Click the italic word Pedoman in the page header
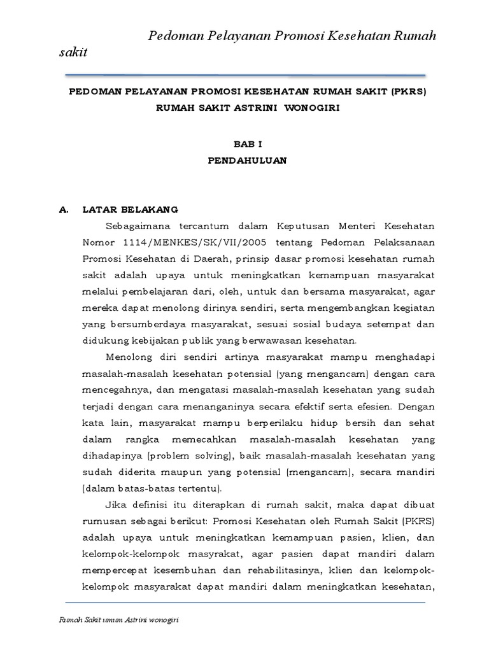pyautogui.click(x=171, y=36)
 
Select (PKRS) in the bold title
pyautogui.click(x=410, y=92)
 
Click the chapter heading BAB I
pyautogui.click(x=248, y=145)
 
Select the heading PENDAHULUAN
pyautogui.click(x=248, y=161)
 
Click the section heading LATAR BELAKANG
pyautogui.click(x=131, y=209)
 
